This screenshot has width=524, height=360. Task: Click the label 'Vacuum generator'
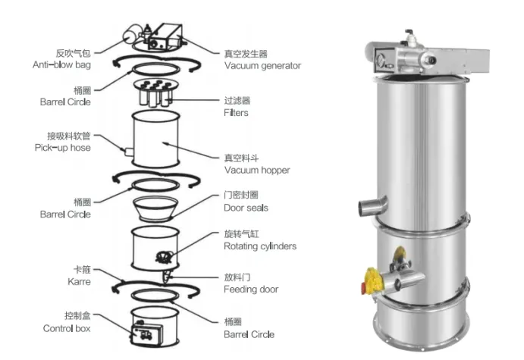(x=262, y=66)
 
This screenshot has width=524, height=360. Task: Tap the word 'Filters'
(x=236, y=113)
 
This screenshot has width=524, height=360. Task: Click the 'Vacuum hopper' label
(x=256, y=171)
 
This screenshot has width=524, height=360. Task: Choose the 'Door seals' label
(x=246, y=208)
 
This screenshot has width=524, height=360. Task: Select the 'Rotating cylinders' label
(x=260, y=246)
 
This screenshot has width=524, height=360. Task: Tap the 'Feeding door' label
(x=251, y=290)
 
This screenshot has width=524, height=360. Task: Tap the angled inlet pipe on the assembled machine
(x=371, y=205)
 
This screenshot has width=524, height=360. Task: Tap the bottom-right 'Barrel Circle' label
(x=249, y=334)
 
